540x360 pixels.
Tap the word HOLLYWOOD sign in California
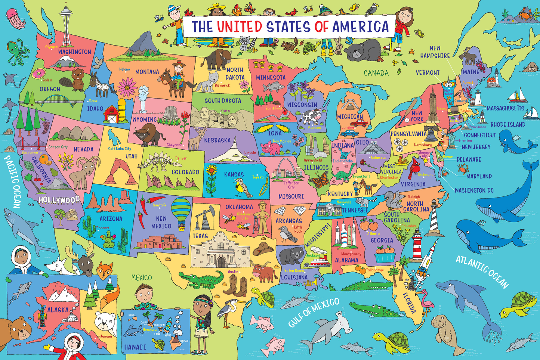click(59, 200)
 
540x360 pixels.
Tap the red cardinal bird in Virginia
click(414, 169)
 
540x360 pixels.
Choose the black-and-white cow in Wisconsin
click(312, 117)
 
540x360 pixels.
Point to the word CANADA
click(376, 73)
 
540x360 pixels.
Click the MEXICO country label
click(141, 277)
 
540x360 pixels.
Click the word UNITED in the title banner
click(240, 27)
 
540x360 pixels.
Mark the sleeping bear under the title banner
click(362, 50)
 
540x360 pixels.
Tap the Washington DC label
click(474, 190)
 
